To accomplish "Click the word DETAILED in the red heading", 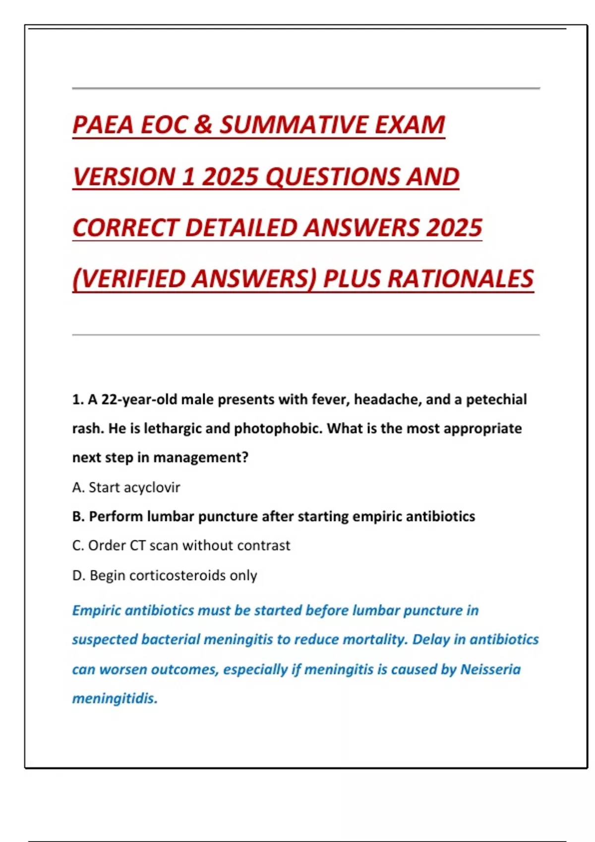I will [242, 228].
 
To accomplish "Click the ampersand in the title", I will [203, 125].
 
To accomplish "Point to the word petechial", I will [496, 400].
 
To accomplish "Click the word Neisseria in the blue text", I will [490, 669].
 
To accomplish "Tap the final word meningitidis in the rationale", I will [115, 699].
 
